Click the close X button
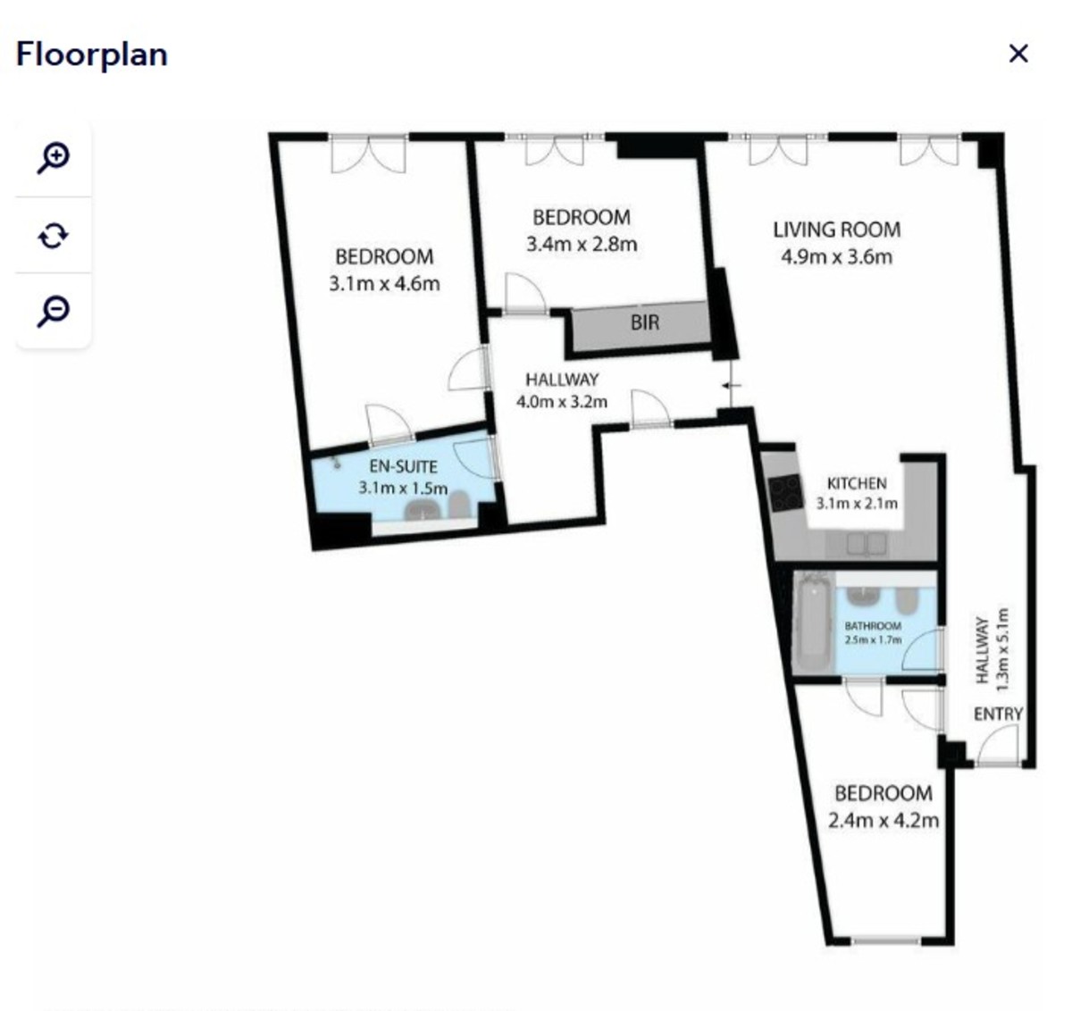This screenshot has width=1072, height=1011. pos(1018,54)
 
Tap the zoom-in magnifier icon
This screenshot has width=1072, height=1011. pos(53,158)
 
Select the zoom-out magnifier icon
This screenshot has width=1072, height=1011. pos(53,311)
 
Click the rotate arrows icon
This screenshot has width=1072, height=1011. pos(53,236)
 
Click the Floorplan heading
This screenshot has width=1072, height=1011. pos(92,55)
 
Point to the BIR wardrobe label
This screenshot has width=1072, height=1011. pos(644,322)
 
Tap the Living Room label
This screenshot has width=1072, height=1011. pos(837,230)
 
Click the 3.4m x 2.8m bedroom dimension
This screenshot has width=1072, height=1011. pos(582,245)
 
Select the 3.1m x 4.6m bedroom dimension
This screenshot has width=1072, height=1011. pos(384,283)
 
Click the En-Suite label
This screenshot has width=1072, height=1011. pos(403,466)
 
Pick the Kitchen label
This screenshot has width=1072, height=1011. pos(857,483)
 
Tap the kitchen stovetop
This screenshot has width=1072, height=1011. pos(785,493)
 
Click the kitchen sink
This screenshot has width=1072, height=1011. pos(867,544)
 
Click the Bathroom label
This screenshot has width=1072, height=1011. pos(873,626)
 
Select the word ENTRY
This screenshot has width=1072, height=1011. pos(998,714)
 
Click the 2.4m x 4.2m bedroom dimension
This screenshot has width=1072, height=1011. pos(884,821)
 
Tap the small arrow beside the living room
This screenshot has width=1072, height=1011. pos(732,386)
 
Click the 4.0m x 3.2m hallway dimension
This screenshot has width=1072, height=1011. pos(562,402)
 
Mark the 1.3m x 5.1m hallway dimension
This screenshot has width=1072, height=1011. pos(1001,649)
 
